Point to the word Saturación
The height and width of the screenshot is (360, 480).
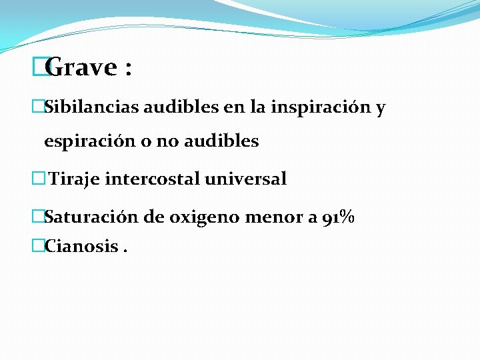tap(83, 217)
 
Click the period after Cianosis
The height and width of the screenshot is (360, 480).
tap(125, 251)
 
